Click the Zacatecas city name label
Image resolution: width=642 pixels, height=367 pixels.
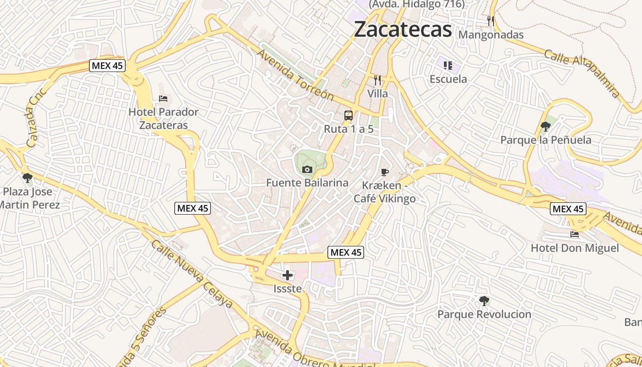tap(403, 29)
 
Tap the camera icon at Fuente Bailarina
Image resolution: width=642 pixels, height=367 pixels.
tap(307, 169)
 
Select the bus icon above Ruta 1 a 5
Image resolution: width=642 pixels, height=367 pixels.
tap(349, 116)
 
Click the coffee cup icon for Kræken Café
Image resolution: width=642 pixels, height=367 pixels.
tap(384, 172)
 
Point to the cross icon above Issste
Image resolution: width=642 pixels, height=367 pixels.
tap(288, 275)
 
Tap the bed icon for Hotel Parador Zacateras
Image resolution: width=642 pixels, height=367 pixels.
tap(163, 98)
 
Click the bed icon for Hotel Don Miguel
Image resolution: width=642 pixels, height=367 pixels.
tap(575, 234)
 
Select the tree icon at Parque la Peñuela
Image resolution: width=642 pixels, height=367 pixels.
tap(545, 126)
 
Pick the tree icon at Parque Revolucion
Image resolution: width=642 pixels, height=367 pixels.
tap(484, 301)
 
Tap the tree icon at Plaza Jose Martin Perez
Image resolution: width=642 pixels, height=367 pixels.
tap(28, 178)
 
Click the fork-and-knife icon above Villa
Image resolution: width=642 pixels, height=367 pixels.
tap(378, 80)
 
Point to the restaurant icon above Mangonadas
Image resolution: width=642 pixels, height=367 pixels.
tap(491, 21)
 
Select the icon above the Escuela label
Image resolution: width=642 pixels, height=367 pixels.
tap(448, 65)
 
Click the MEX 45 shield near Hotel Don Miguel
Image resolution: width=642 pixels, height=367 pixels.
tap(568, 209)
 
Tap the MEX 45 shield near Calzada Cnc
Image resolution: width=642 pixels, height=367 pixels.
tap(107, 66)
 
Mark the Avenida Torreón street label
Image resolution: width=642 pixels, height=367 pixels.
tap(295, 75)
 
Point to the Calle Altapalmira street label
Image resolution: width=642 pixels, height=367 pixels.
tap(582, 74)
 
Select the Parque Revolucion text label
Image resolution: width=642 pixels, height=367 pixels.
tap(484, 315)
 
